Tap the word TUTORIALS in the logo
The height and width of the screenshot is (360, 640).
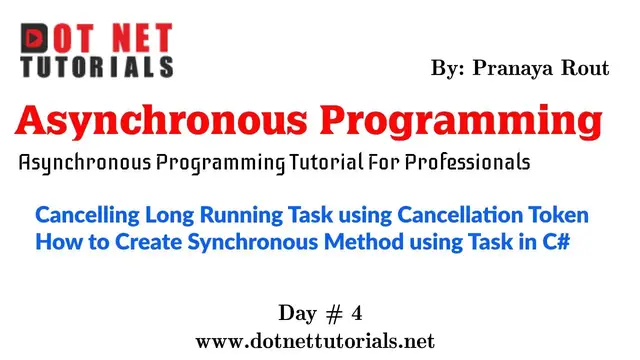pyautogui.click(x=96, y=67)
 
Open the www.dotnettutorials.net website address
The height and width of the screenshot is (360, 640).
pyautogui.click(x=316, y=340)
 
